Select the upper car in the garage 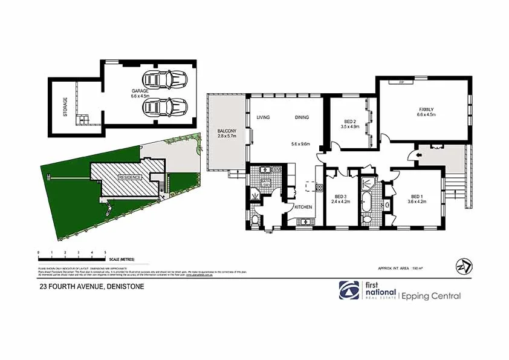164,79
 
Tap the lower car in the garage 164,107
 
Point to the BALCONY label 227,131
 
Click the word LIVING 263,117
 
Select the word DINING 302,117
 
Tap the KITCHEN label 303,208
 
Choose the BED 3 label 340,196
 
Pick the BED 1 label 417,196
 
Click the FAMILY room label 426,110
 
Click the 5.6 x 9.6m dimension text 300,144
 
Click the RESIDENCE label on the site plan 129,177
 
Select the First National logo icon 348,290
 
